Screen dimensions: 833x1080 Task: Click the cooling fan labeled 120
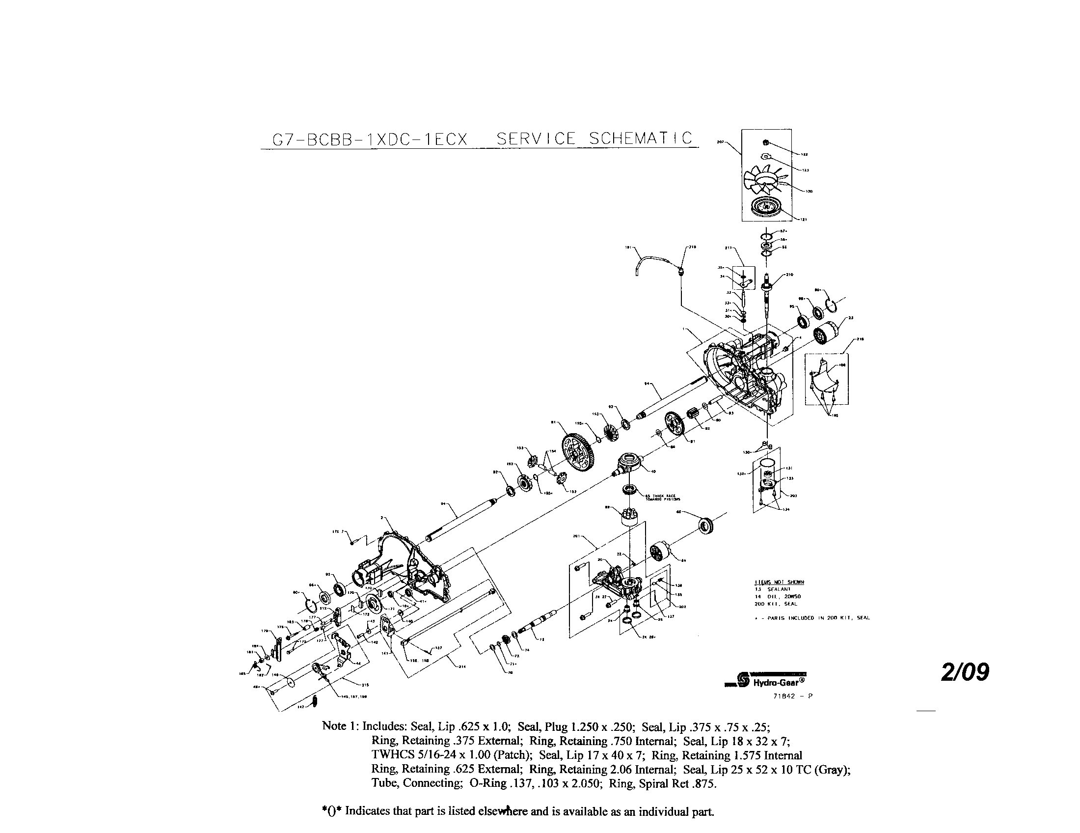765,183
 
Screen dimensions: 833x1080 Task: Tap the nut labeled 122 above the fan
765,143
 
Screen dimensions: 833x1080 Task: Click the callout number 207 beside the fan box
720,142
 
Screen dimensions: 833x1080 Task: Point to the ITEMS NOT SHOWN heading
780,582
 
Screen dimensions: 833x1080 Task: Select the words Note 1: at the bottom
340,726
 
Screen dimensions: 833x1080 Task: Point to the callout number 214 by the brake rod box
462,666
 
